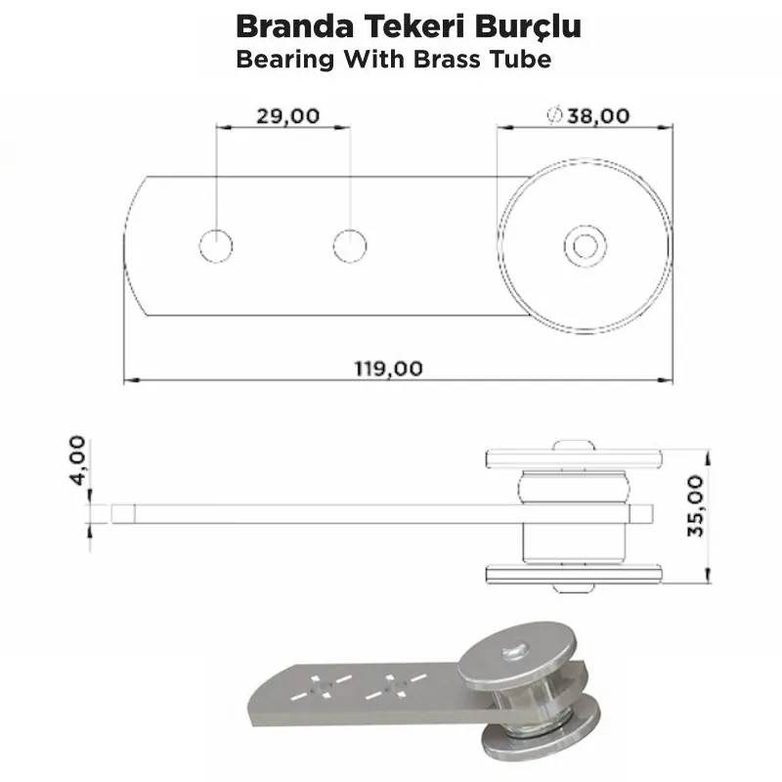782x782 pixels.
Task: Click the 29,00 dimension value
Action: pyautogui.click(x=287, y=115)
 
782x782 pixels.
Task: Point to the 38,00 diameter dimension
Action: pyautogui.click(x=596, y=115)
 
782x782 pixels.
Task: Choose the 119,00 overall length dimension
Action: pyautogui.click(x=388, y=369)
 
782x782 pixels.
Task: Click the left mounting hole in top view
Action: pyautogui.click(x=216, y=245)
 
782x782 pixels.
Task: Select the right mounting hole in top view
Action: pyautogui.click(x=349, y=245)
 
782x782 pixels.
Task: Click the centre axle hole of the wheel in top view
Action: pyautogui.click(x=585, y=245)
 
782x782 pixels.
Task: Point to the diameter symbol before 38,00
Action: pyautogui.click(x=553, y=115)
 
